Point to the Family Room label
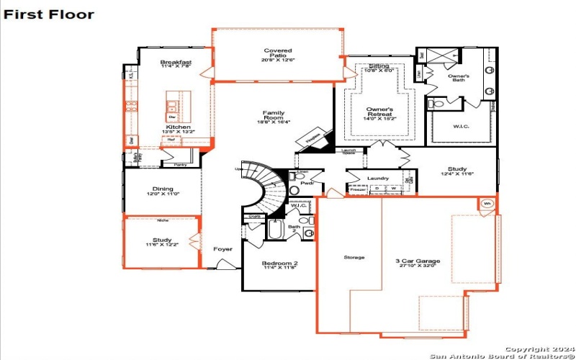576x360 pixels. (x=273, y=117)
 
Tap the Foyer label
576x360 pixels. (x=222, y=249)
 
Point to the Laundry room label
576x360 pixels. (x=377, y=179)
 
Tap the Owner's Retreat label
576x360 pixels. (x=379, y=112)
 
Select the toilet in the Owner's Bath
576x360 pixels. (x=433, y=105)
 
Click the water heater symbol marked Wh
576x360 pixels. (x=487, y=204)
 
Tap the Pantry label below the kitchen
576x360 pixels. (x=181, y=165)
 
